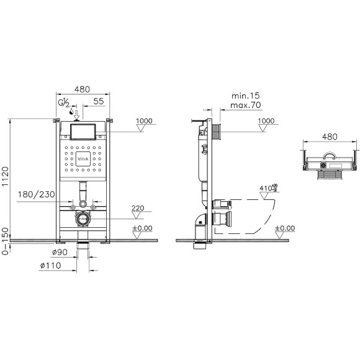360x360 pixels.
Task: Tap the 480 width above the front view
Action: click(82, 89)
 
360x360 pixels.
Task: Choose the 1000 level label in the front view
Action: click(144, 120)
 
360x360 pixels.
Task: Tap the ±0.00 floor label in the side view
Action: click(284, 228)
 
